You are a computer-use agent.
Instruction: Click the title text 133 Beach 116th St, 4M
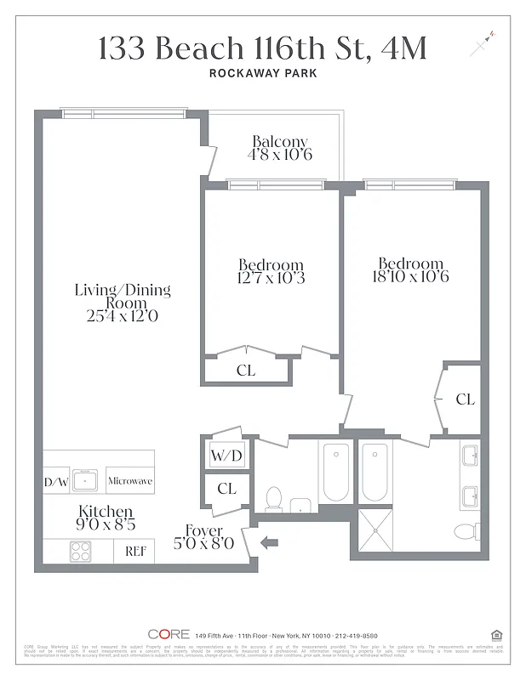(x=262, y=48)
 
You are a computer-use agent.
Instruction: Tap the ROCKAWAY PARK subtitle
(x=262, y=74)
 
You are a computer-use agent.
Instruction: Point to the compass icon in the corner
(x=482, y=42)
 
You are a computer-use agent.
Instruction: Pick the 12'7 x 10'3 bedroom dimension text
(x=271, y=278)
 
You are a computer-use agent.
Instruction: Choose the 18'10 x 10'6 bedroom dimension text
(x=410, y=276)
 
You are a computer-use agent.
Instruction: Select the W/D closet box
(x=226, y=456)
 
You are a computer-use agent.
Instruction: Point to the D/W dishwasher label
(x=56, y=481)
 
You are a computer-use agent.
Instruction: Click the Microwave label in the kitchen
(x=130, y=481)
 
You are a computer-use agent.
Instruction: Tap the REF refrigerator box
(x=135, y=551)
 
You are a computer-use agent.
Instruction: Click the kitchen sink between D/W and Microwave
(x=86, y=480)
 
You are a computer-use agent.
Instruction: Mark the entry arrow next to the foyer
(x=270, y=541)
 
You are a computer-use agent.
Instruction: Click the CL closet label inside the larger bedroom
(x=465, y=399)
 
